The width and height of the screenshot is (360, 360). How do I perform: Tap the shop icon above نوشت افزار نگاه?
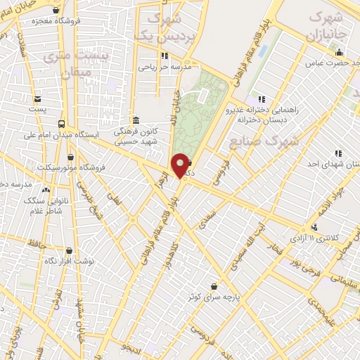(69, 250)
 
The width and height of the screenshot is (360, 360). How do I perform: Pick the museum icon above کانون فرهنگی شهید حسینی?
(136, 120)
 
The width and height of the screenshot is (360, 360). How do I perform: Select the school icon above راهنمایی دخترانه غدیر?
(262, 100)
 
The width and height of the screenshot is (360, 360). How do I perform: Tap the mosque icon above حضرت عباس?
(340, 53)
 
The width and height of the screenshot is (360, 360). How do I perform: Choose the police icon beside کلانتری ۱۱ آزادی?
(314, 226)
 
